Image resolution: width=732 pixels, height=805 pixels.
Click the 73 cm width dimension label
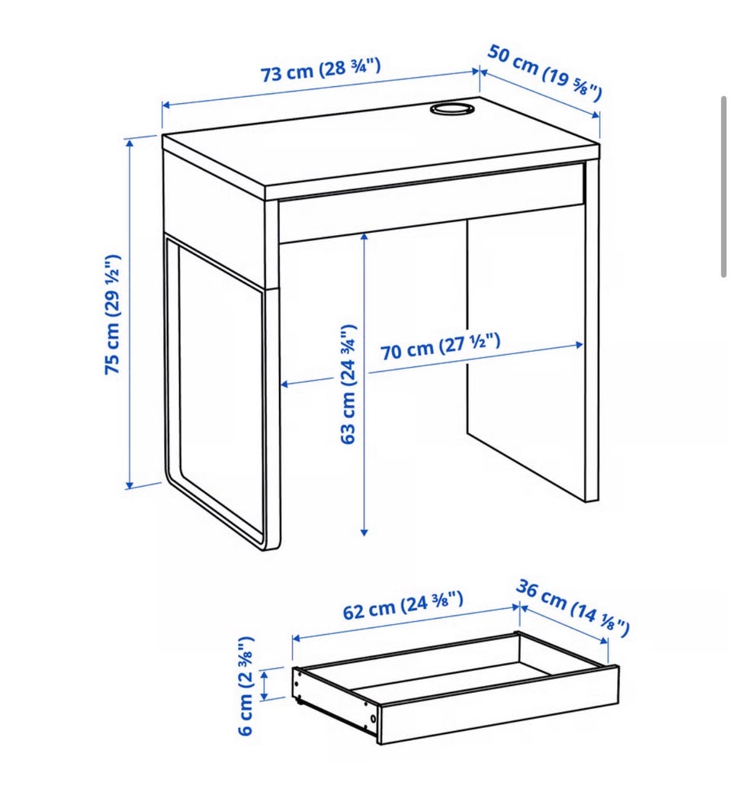click(321, 70)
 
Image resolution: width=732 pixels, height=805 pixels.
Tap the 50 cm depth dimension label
click(544, 72)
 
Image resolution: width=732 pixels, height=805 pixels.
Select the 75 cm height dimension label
click(112, 314)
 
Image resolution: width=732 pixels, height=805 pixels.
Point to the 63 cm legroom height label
click(348, 384)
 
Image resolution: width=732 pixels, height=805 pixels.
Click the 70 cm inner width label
click(440, 346)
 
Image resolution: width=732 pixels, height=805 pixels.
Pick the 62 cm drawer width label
click(403, 606)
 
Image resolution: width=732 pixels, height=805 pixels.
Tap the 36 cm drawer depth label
click(573, 607)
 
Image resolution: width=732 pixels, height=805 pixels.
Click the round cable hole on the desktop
click(451, 109)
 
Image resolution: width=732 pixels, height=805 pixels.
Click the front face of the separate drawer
click(499, 704)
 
